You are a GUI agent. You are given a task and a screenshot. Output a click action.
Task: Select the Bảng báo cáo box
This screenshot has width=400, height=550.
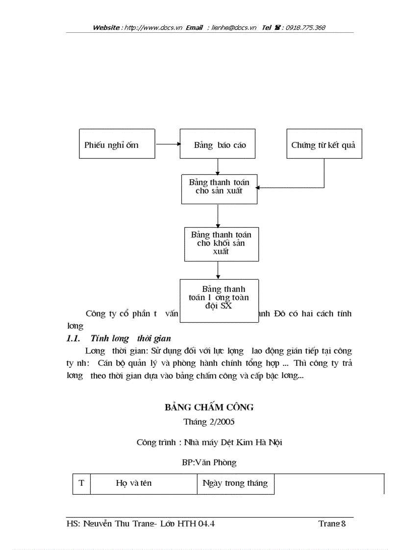(217, 144)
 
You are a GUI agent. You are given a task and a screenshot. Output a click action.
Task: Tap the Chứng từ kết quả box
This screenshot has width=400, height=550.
(324, 144)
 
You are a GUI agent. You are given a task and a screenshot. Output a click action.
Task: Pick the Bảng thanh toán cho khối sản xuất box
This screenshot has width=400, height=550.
(221, 243)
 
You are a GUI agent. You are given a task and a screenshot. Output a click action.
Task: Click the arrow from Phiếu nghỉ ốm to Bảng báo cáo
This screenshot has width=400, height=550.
(167, 144)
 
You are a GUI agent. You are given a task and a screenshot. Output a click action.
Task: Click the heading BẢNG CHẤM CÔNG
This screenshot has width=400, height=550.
(209, 407)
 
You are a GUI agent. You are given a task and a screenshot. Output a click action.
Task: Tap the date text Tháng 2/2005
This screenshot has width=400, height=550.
(209, 422)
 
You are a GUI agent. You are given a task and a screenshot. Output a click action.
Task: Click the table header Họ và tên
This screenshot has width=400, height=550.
(134, 483)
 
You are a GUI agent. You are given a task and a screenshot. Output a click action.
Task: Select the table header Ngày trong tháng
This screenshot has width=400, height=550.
(235, 483)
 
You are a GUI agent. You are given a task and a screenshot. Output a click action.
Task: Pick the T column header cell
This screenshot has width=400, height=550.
(81, 483)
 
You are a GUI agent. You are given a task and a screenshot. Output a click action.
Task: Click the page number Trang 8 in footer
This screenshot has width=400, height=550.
(332, 524)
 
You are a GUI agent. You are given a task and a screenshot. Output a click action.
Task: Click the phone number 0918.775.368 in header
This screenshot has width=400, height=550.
(306, 27)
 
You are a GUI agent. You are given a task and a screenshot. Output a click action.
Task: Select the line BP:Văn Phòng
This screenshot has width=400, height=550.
(209, 462)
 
